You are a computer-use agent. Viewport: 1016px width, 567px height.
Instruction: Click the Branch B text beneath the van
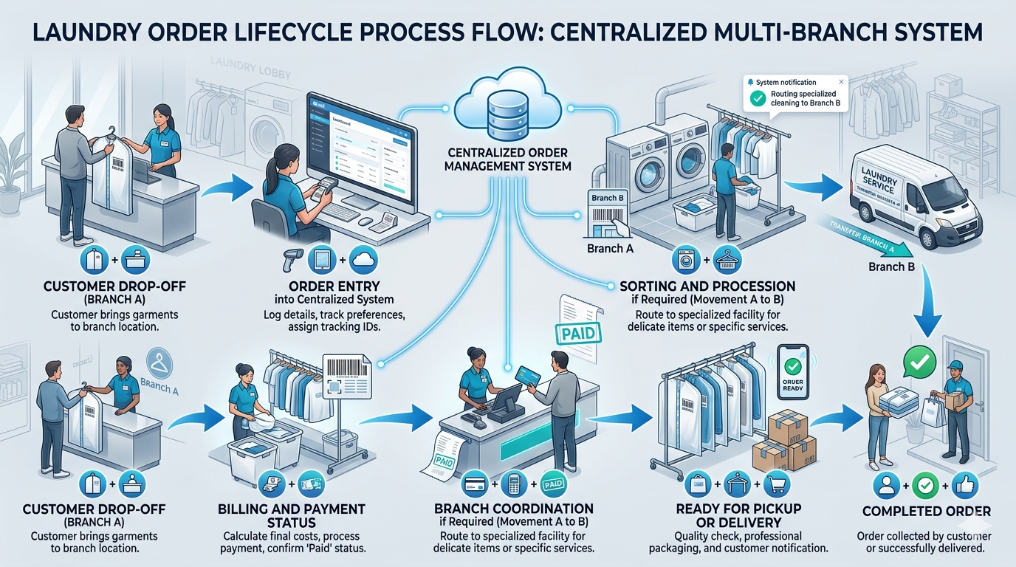tap(892, 267)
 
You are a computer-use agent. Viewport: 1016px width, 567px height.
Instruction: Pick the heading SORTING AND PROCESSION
tap(707, 286)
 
